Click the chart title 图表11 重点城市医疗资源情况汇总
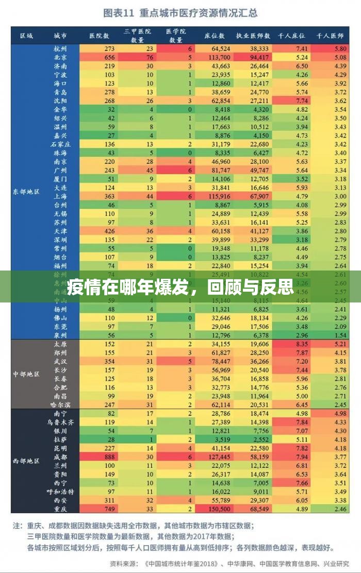pos(180,12)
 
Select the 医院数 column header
pos(99,36)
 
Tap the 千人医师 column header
pos(330,36)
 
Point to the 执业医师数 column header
pos(253,36)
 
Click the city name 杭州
pos(60,48)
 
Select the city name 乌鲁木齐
pos(60,422)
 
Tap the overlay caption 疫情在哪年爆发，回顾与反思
pos(180,286)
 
